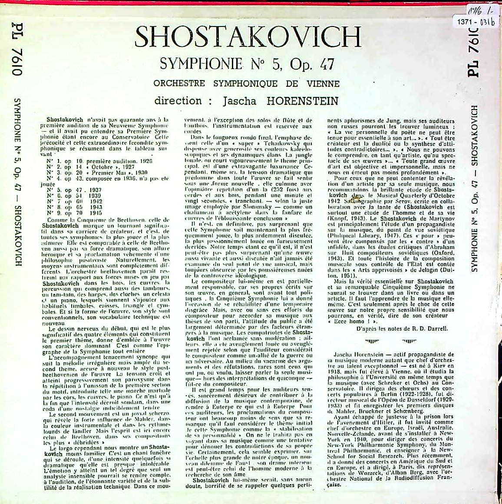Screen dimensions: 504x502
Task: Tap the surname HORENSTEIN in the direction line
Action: coord(302,101)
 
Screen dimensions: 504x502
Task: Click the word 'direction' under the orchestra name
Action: coord(178,101)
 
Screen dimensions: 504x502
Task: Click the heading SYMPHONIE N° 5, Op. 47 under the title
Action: coord(247,65)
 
